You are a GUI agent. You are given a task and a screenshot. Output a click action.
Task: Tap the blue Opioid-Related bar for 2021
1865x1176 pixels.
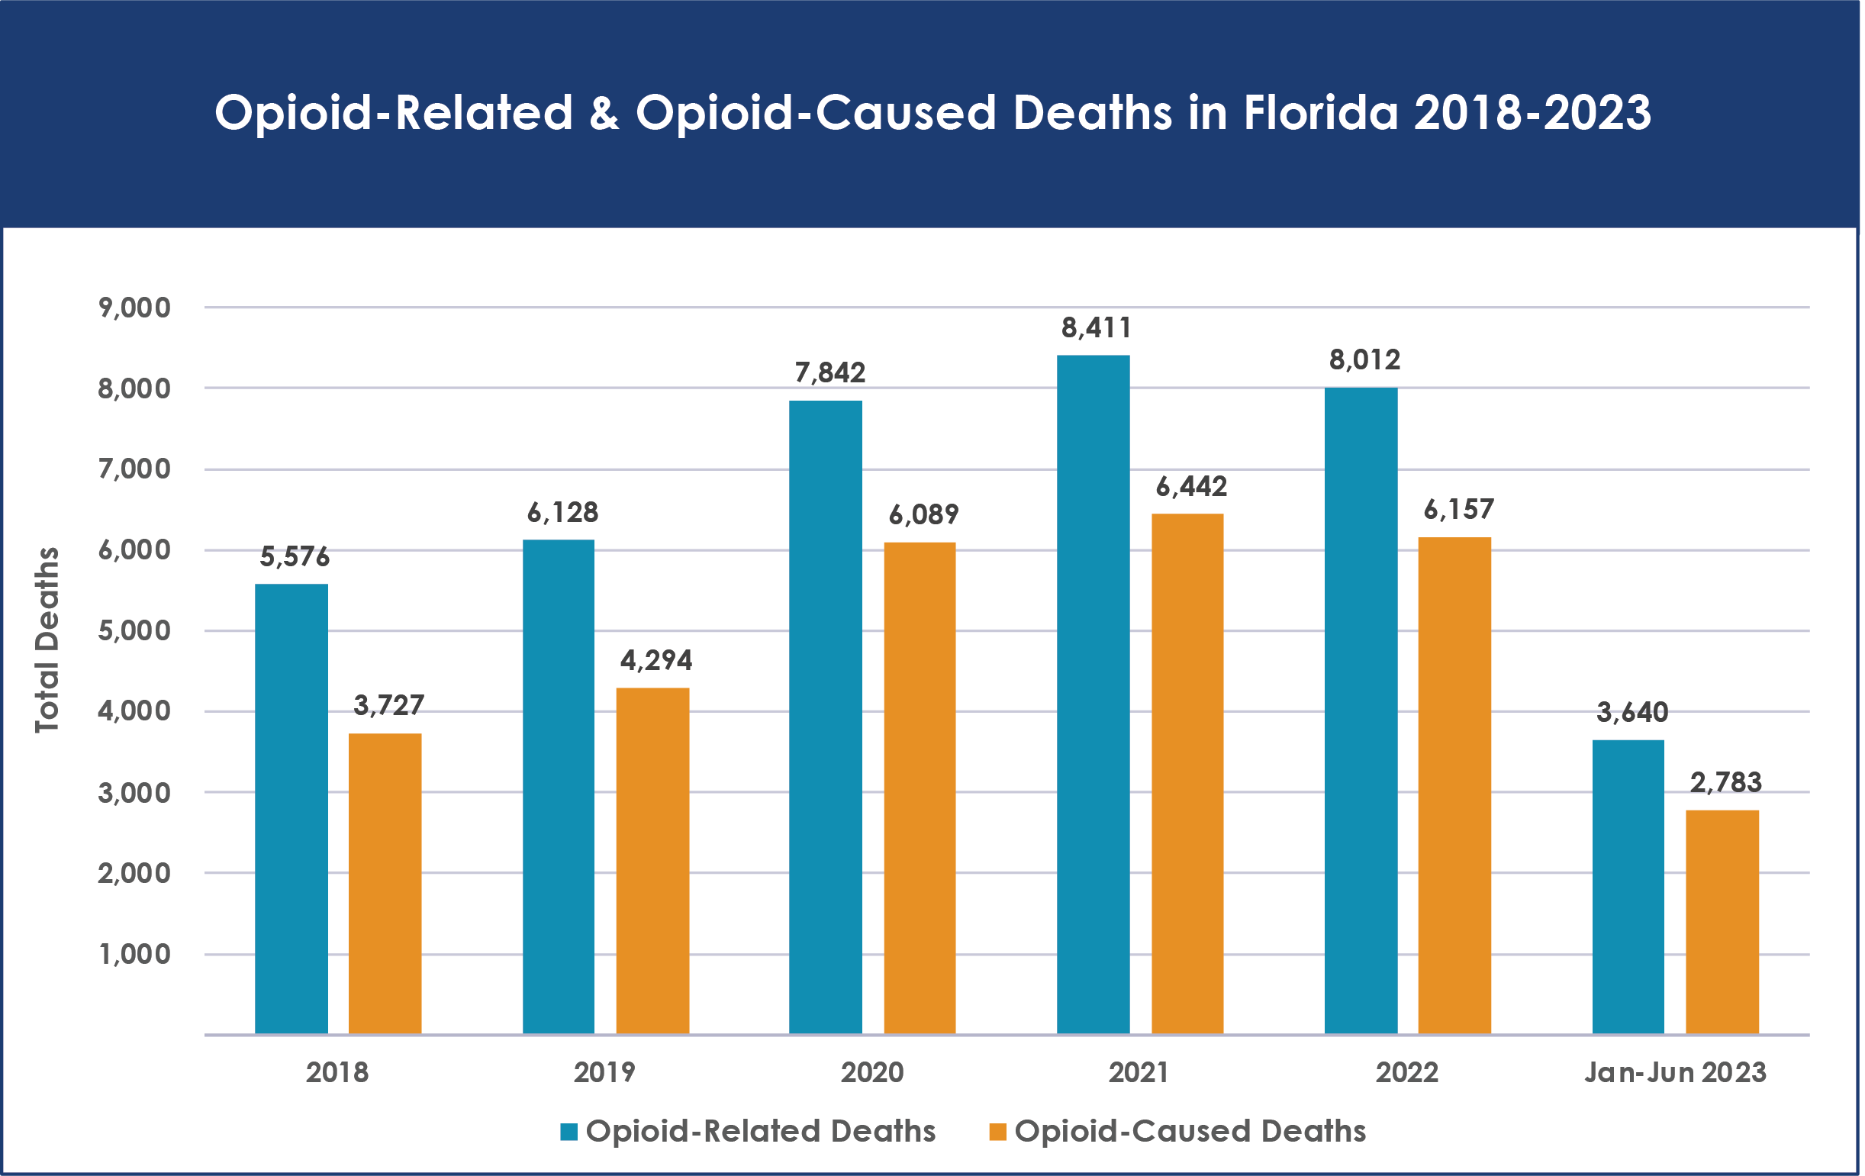[1093, 694]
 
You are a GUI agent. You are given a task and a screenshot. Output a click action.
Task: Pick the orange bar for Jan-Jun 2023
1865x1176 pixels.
[1722, 921]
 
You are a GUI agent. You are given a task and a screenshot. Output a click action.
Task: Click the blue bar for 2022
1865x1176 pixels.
[1361, 710]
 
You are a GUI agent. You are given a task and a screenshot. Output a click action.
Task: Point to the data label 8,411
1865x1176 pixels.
[1096, 328]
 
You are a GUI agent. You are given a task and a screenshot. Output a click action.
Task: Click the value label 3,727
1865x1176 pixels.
[389, 705]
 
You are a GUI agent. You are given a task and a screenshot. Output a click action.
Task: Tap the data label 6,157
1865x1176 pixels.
[1458, 509]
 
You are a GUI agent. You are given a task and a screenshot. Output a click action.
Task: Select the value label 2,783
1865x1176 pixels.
[1725, 782]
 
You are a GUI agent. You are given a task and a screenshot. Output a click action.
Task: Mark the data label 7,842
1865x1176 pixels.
[829, 372]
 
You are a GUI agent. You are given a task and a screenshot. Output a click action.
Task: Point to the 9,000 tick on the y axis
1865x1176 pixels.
[134, 308]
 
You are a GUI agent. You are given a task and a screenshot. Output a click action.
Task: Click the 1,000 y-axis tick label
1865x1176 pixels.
[134, 954]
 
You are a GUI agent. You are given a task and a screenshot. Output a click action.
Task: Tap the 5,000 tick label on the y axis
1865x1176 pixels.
[134, 630]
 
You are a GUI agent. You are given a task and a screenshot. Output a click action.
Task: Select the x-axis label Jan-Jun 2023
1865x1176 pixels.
[1675, 1072]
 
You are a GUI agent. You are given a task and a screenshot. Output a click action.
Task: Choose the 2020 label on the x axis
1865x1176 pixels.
[872, 1072]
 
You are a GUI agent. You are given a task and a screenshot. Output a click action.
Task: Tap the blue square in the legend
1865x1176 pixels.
[569, 1132]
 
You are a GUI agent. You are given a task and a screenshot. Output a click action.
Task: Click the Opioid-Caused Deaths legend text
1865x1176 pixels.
[1190, 1131]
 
